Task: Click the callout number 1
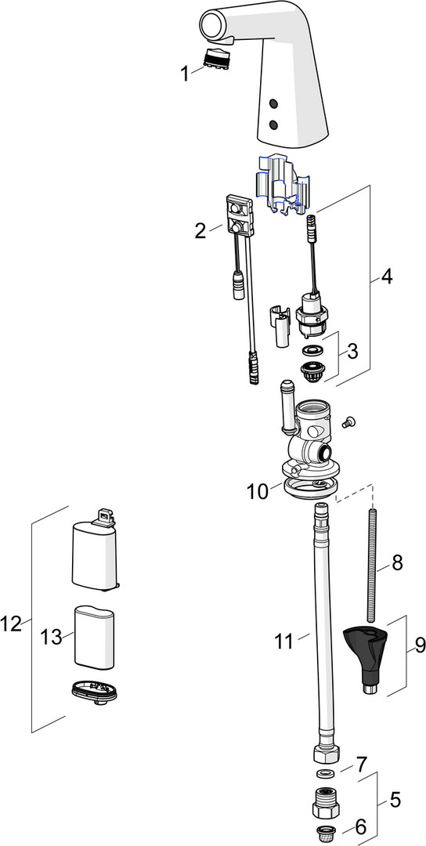(185, 74)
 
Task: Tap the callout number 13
(52, 637)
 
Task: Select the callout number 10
(257, 491)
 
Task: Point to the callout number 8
(396, 562)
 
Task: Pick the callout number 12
(11, 624)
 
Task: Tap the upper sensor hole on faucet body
(273, 103)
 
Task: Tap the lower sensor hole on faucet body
(273, 125)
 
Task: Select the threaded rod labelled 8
(370, 565)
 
